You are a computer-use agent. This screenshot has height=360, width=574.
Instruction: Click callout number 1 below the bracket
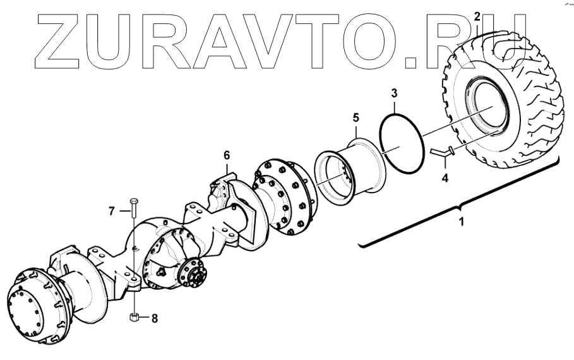point(461,223)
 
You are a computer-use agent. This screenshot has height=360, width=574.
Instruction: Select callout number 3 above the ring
point(393,94)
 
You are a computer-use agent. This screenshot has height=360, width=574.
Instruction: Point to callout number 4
point(445,179)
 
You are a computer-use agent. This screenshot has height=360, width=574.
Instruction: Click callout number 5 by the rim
point(356,117)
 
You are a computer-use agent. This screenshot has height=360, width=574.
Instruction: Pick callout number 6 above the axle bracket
point(226,154)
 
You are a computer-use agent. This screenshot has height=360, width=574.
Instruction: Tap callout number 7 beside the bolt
point(112,211)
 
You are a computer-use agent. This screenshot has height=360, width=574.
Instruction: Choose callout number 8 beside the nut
point(153,318)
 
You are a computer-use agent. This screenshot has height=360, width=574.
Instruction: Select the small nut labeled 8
point(134,317)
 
